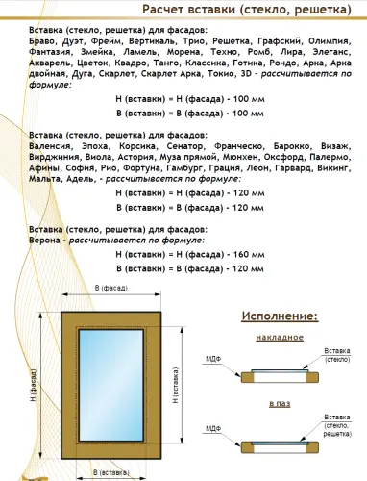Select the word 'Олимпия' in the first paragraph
(x=337, y=42)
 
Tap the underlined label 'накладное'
(x=281, y=337)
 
